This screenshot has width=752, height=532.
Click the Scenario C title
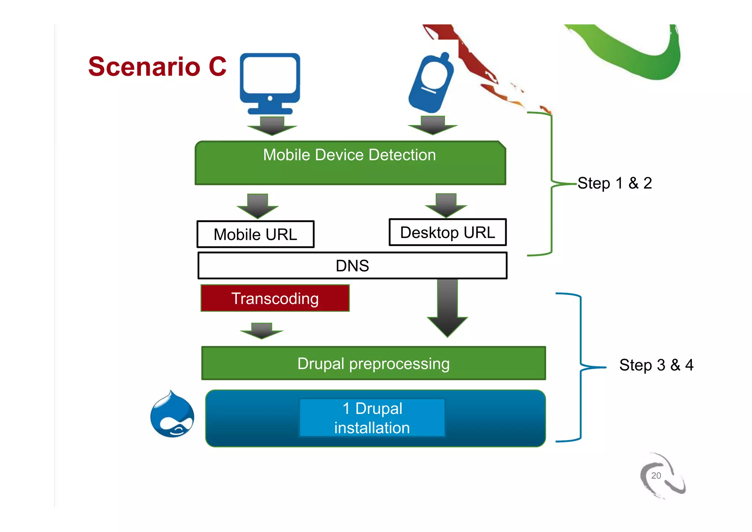coord(157,67)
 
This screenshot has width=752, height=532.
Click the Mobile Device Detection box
coord(350,163)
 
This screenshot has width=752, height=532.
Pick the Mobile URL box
coord(256,234)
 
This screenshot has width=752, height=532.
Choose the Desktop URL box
coord(448,232)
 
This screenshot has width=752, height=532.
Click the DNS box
coord(352,265)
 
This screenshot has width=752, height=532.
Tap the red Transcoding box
coord(275,298)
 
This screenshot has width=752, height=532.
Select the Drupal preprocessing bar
coord(373,363)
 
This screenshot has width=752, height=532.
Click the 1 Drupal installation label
coord(372,418)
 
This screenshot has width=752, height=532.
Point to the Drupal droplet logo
coord(172,415)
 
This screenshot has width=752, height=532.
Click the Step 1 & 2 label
coord(615,183)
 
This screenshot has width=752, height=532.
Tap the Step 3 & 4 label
coord(656,365)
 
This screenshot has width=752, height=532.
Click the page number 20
coord(656,475)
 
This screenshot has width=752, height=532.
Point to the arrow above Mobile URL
coord(257,206)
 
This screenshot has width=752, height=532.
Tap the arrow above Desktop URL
coord(446,206)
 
